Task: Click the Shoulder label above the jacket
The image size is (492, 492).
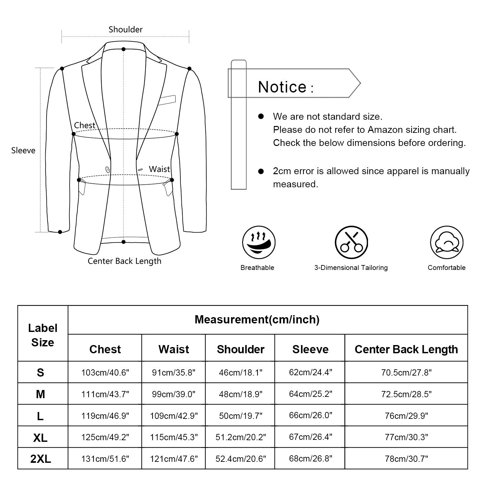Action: [126, 30]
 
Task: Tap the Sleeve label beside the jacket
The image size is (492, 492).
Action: [23, 151]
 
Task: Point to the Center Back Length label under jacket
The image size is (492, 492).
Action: [124, 261]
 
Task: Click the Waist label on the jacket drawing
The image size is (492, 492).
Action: [159, 169]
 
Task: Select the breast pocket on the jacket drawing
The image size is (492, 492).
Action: [167, 100]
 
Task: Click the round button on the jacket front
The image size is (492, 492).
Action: [107, 170]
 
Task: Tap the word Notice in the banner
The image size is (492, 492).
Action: [282, 87]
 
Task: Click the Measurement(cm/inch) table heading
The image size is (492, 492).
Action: [257, 319]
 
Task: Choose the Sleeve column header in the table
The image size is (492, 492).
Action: [310, 349]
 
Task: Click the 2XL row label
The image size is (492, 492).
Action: [41, 459]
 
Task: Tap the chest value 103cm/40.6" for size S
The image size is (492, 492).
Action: [105, 373]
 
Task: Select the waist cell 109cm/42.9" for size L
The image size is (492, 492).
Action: [174, 416]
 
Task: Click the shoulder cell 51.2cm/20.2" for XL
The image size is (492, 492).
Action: [240, 437]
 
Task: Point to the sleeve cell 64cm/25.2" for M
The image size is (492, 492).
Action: [310, 394]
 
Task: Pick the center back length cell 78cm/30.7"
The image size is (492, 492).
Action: [406, 459]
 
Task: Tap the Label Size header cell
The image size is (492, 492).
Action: [43, 335]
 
